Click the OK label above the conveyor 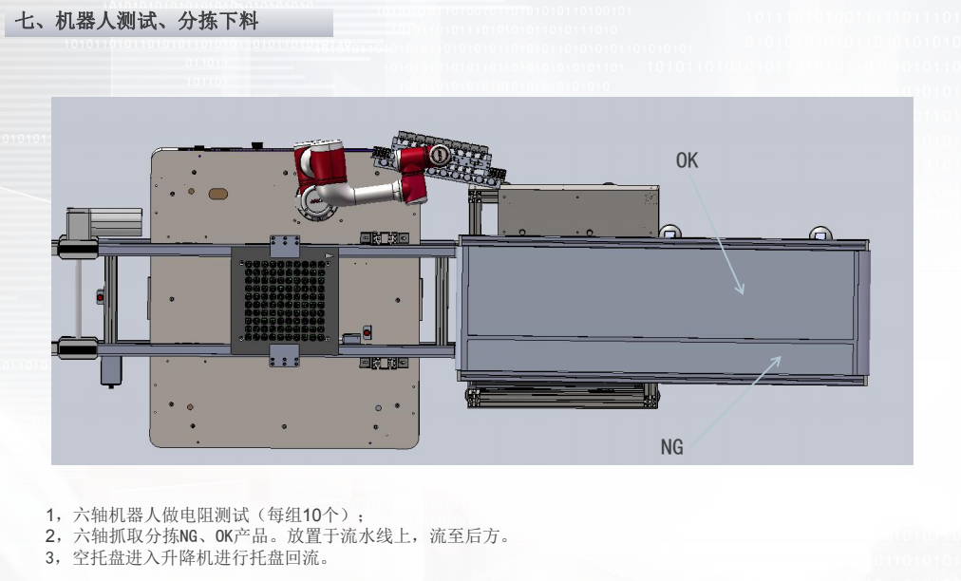pos(687,160)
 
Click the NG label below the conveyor pos(671,447)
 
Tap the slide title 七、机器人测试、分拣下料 pos(136,22)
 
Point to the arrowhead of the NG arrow pos(776,361)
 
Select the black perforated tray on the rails pos(285,300)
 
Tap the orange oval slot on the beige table pos(218,195)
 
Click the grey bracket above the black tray pos(285,246)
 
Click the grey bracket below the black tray pos(284,355)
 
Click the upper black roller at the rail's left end pos(77,249)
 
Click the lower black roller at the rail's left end pos(77,348)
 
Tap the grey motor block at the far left pos(104,222)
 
